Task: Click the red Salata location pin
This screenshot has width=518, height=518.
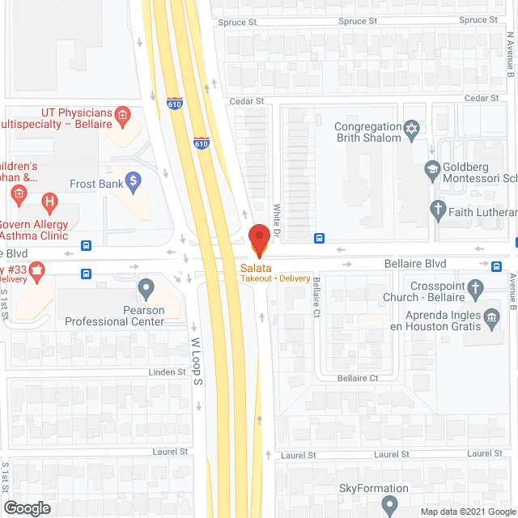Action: coord(259,237)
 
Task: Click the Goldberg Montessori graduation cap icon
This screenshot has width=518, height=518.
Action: coord(432,169)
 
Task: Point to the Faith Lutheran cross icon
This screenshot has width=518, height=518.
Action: coord(438,211)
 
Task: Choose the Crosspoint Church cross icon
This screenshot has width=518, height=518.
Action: coord(476,287)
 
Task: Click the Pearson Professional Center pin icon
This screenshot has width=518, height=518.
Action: coord(146,287)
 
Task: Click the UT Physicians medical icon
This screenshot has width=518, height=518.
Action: coord(122,116)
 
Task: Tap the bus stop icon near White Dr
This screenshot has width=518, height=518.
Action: coord(320,239)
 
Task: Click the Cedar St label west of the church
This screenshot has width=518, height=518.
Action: coord(248,101)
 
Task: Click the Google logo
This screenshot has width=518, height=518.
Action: coord(27,507)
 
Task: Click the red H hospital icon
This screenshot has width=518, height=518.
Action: coord(50,200)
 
